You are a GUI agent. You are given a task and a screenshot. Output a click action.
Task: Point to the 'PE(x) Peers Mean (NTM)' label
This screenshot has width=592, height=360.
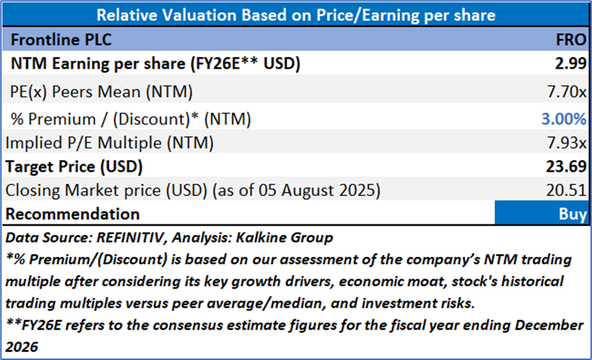(102, 93)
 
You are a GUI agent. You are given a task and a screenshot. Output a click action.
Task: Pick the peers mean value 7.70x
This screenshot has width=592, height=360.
(569, 93)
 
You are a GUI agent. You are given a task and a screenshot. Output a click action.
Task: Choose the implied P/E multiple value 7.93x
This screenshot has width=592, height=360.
(569, 141)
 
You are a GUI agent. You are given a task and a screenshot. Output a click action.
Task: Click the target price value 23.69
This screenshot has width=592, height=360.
(568, 165)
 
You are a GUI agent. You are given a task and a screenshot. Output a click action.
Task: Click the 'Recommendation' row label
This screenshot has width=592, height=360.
(72, 214)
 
